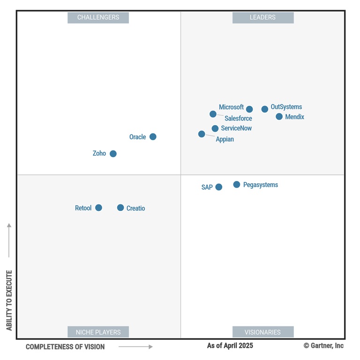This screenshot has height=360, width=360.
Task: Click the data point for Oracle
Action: (153, 137)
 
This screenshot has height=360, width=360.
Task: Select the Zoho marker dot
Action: (113, 154)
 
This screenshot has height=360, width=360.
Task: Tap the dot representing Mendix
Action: (279, 117)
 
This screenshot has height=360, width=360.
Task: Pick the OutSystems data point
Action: (265, 109)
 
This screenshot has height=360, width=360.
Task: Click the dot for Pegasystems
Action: (237, 185)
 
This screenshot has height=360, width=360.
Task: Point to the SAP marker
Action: (219, 187)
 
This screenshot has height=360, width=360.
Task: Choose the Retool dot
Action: (98, 208)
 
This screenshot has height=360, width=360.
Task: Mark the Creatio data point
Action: (120, 208)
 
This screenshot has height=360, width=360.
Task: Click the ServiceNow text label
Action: (236, 128)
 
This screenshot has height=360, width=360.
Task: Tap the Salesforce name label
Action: (238, 119)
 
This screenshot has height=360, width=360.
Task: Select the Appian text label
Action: (225, 139)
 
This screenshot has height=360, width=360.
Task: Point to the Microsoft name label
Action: (231, 107)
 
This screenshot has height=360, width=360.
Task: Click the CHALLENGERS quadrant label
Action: (98, 17)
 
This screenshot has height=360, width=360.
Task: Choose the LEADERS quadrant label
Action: (262, 17)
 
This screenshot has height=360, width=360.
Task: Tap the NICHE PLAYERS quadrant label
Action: (98, 332)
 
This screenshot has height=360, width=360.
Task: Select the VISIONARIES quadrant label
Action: (262, 332)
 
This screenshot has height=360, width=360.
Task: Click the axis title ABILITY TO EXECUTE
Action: (9, 300)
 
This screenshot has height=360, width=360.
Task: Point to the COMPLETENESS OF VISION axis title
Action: (65, 347)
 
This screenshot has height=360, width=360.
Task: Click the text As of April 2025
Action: (230, 345)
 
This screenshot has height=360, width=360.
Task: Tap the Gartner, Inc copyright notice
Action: (323, 345)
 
